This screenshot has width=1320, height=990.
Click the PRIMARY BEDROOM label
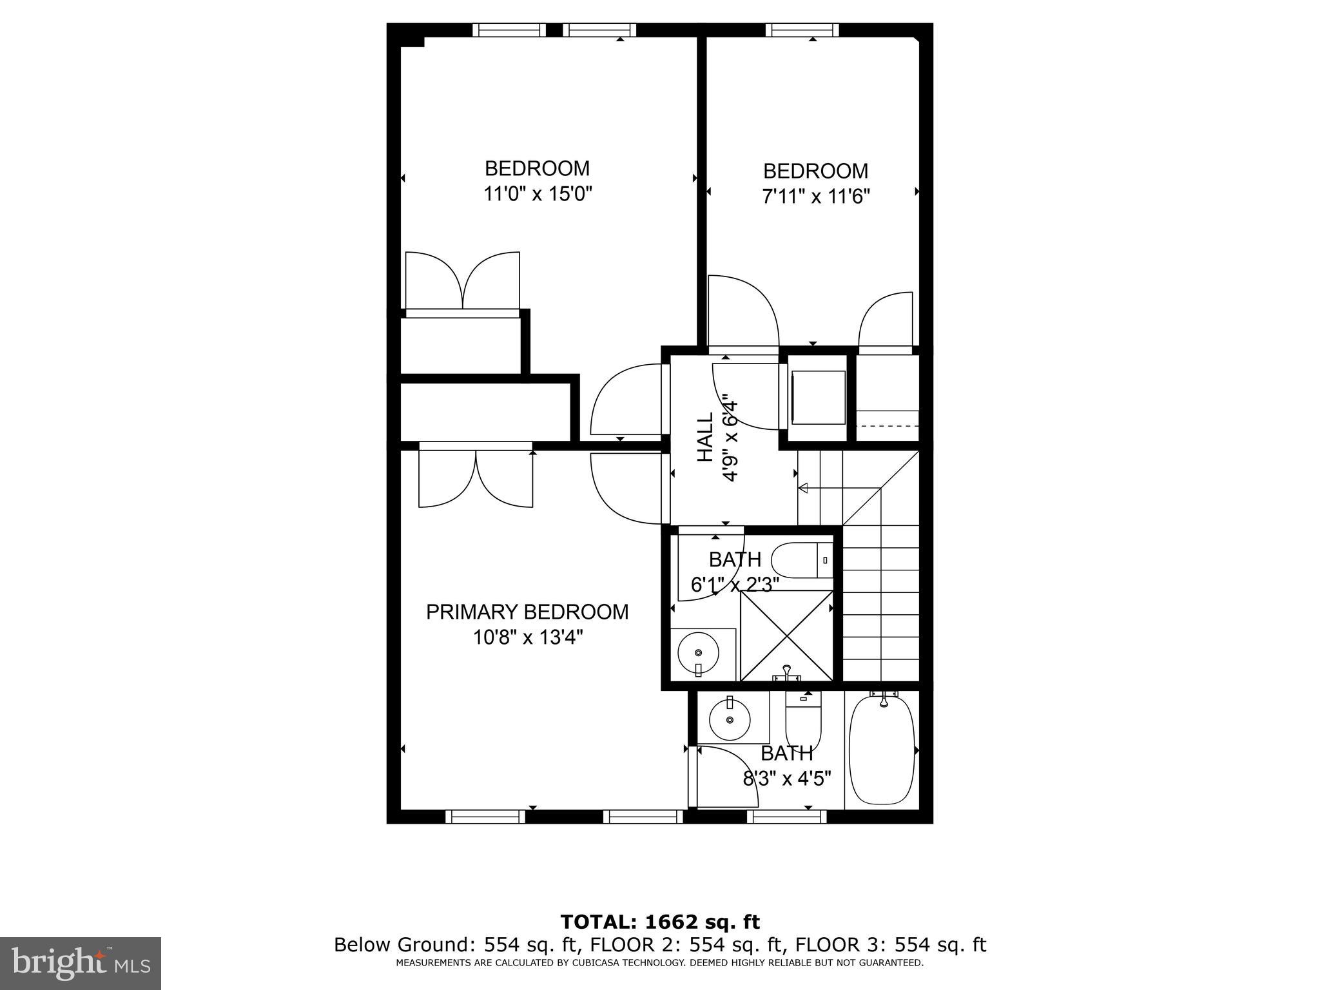pos(527,612)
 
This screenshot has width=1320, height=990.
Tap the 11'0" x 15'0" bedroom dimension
pos(538,193)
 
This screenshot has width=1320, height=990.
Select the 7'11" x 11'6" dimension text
pos(816,196)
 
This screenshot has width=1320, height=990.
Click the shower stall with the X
pos(787,635)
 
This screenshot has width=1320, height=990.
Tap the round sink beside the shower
pos(699,654)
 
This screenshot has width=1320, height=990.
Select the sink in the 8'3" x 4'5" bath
pos(730,719)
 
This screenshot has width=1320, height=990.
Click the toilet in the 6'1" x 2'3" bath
pos(800,560)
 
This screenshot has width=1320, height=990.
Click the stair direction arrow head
pos(803,489)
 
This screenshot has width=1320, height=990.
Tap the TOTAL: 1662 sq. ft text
pos(660,922)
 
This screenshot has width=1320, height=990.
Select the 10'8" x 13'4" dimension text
pos(528,637)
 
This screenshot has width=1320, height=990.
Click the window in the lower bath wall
pos(786,817)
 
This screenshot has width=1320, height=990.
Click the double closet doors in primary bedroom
pos(476,478)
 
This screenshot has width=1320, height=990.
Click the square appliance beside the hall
pos(818,397)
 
